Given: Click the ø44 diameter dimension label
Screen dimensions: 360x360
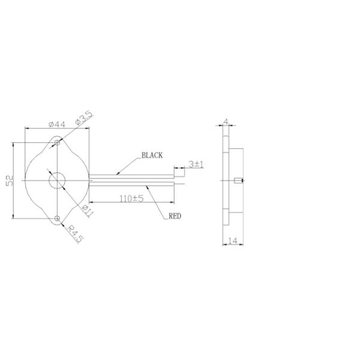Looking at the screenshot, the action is (x=57, y=124).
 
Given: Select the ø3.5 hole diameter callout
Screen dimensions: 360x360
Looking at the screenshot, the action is (x=84, y=118).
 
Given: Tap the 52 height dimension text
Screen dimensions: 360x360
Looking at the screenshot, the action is (x=10, y=181).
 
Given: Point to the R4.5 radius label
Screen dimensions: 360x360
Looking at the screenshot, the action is (x=75, y=234).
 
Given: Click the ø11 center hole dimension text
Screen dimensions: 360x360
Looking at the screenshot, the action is (x=88, y=211).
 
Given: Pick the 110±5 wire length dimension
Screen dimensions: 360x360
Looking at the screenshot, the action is (x=131, y=199).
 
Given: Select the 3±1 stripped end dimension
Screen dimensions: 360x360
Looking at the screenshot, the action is (x=196, y=164).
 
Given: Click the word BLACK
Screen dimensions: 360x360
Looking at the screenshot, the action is (x=152, y=155).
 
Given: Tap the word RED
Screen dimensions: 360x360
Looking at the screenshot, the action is (x=175, y=216).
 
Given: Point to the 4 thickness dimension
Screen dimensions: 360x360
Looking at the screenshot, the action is (x=226, y=121).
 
